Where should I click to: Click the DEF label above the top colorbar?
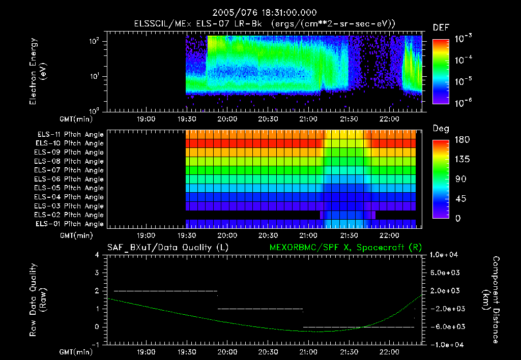tap(440, 27)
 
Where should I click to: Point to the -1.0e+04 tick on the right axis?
tap(446, 345)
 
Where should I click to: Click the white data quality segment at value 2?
tap(165, 291)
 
